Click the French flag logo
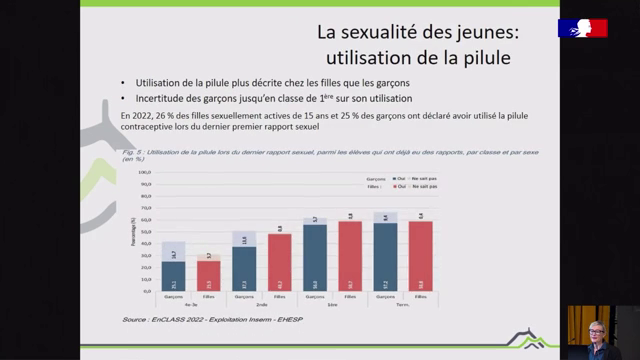[x=582, y=27]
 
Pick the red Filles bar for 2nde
[x=279, y=261]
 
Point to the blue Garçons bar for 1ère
[x=315, y=256]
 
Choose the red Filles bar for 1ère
[x=350, y=255]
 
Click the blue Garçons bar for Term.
[x=385, y=255]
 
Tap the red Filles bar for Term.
[x=420, y=255]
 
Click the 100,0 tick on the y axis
[x=143, y=173]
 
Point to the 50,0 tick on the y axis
[x=143, y=231]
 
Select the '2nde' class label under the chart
[x=262, y=305]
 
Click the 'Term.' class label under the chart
[x=403, y=305]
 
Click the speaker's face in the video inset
[x=596, y=329]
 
